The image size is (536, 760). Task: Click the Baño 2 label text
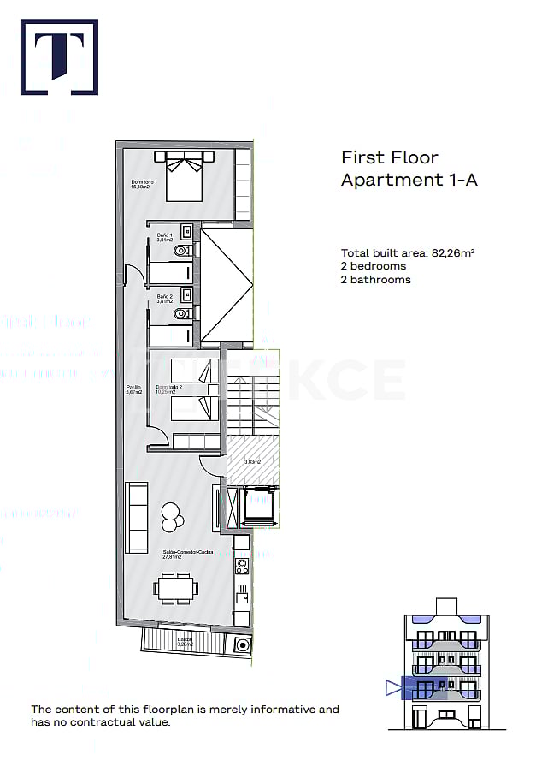pos(165,299)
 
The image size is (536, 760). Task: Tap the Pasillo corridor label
pos(133,389)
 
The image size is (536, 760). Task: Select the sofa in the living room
pos(137,517)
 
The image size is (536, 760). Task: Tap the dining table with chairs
pos(176,588)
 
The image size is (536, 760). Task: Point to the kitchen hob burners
pos(242,565)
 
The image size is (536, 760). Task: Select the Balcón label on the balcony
pos(186,642)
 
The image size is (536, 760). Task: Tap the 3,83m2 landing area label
pos(253,463)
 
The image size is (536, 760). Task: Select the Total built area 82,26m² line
pos(408,253)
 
